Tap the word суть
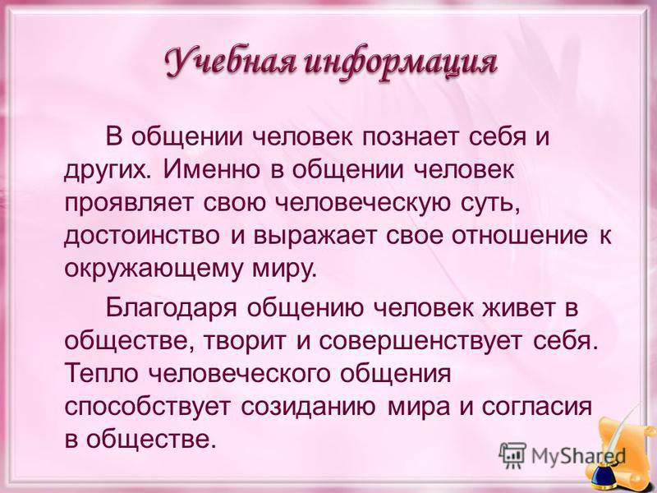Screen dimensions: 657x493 (x=490, y=204)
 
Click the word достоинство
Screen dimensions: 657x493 (x=142, y=236)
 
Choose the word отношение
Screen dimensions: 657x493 (x=520, y=236)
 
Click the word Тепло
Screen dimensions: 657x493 (x=101, y=374)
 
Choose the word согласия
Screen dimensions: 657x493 (x=537, y=407)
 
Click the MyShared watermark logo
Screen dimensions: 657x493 (x=562, y=454)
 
